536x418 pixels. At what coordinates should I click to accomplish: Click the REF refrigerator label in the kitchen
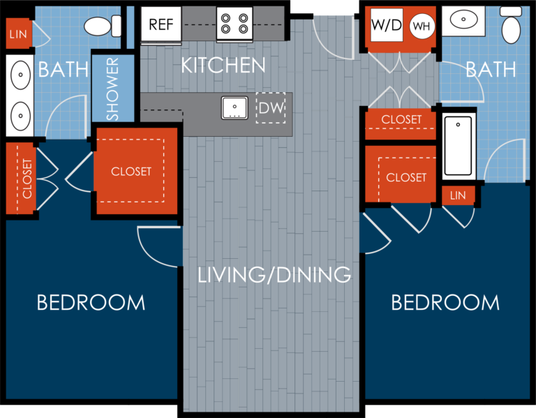pos(162,25)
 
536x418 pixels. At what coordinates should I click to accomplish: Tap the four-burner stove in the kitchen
pos(234,24)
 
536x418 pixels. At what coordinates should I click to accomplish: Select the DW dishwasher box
pos(269,108)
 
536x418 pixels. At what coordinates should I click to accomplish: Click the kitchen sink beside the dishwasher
pos(236,108)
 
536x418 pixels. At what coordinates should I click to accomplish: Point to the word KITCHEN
pos(223,66)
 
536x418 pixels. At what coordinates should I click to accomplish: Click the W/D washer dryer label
pos(387,26)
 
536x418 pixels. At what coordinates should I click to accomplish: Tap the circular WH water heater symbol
pos(421,27)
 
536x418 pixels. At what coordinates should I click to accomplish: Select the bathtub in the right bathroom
pos(458,145)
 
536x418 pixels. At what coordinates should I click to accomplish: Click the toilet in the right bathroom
pos(512,28)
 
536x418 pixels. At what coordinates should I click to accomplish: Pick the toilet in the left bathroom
pos(102,27)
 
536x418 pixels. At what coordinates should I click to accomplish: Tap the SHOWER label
pos(112,89)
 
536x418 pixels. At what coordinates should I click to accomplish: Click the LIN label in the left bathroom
pos(17,33)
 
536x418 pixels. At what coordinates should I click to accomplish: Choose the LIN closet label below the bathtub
pos(458,195)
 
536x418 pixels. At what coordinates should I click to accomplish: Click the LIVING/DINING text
pos(274,274)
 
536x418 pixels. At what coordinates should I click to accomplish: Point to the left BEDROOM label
pos(91,303)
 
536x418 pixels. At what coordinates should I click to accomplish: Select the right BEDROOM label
pos(445,303)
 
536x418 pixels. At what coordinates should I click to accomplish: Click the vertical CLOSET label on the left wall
pos(27,179)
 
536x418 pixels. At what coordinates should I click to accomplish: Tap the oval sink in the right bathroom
pos(466,20)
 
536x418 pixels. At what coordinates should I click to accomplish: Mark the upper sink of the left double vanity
pos(21,73)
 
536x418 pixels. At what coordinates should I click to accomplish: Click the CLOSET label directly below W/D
pos(401,119)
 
